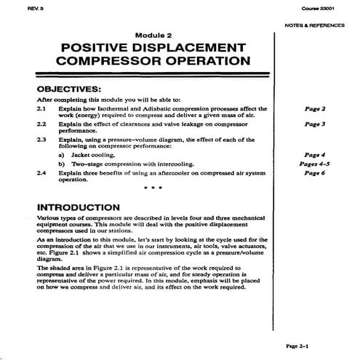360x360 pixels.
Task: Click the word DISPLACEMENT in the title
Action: [190, 47]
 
